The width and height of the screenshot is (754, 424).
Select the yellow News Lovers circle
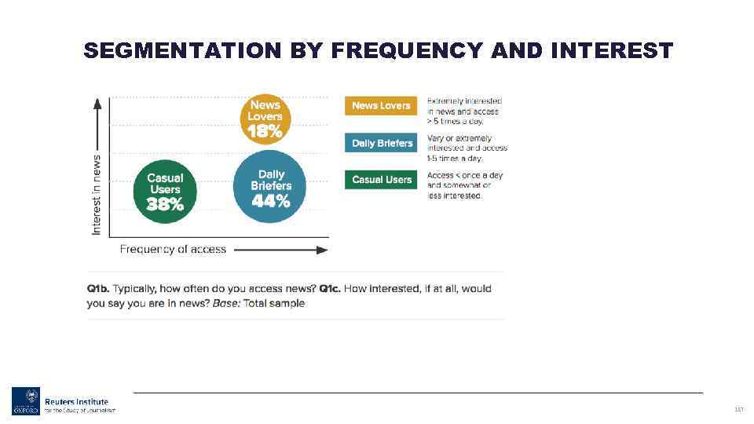pyautogui.click(x=265, y=119)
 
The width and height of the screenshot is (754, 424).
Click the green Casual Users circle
pyautogui.click(x=165, y=192)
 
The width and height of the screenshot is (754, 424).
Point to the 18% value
pyautogui.click(x=265, y=132)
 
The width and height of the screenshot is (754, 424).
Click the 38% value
pyautogui.click(x=165, y=205)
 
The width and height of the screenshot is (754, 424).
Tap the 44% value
pyautogui.click(x=271, y=202)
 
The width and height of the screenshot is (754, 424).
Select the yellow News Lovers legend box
pyautogui.click(x=381, y=105)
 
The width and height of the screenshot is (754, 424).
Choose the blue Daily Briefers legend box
pyautogui.click(x=382, y=143)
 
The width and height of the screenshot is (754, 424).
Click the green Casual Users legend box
pyautogui.click(x=382, y=179)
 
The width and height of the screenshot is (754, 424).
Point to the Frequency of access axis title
pyautogui.click(x=173, y=249)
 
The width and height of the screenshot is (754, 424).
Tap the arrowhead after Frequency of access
pyautogui.click(x=322, y=250)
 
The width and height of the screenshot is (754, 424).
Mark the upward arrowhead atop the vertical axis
pyautogui.click(x=97, y=103)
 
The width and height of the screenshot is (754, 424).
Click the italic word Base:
pyautogui.click(x=227, y=303)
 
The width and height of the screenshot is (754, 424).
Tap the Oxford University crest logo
pyautogui.click(x=25, y=400)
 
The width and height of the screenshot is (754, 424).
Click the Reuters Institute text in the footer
pyautogui.click(x=76, y=401)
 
